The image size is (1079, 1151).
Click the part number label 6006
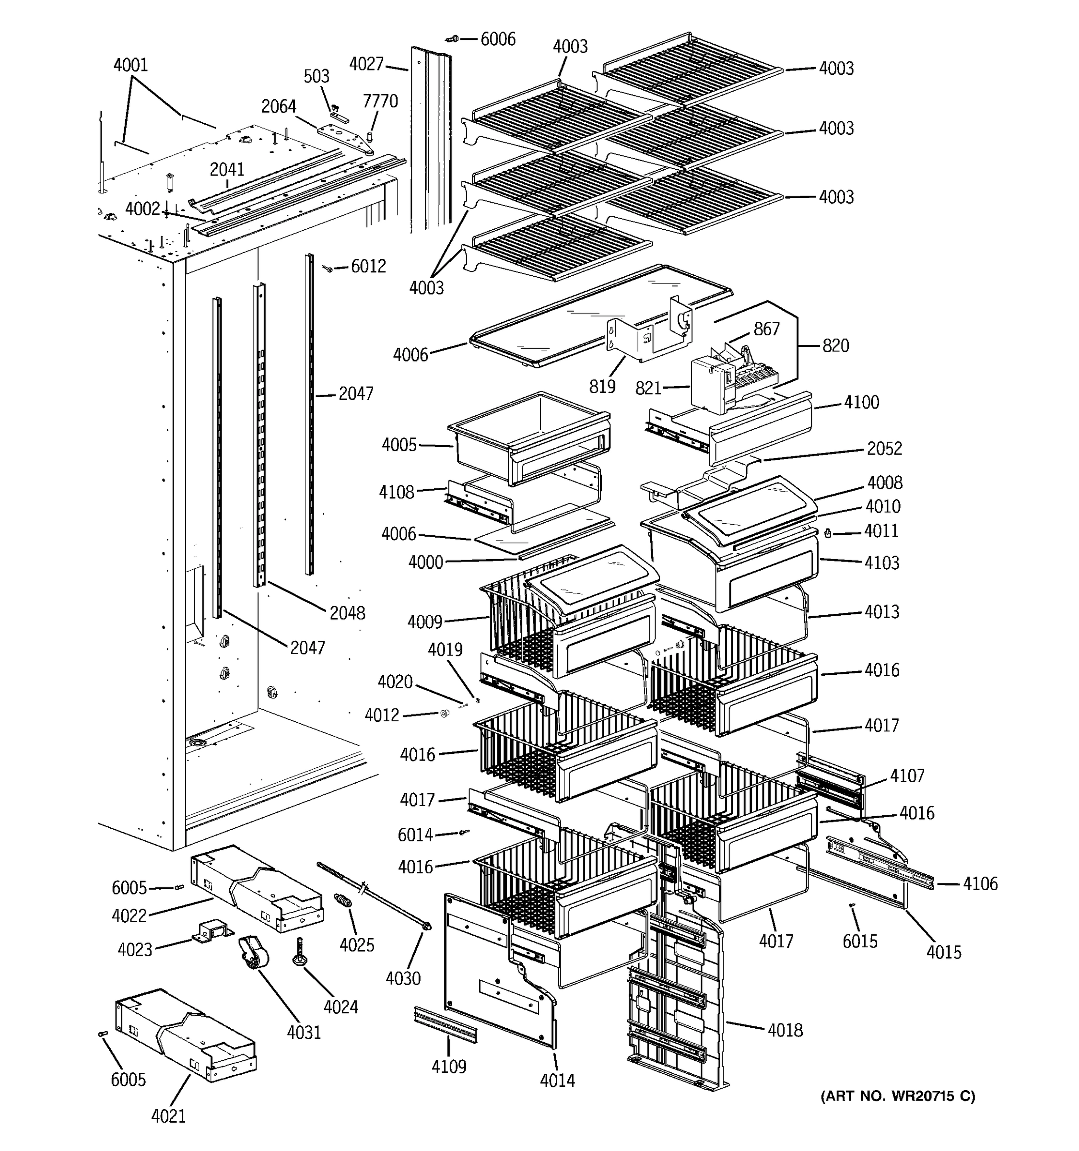click(x=498, y=39)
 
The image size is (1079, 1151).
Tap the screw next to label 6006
click(x=452, y=39)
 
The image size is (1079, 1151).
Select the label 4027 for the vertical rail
click(x=366, y=64)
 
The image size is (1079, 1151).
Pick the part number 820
click(x=835, y=346)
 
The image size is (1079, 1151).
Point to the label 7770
click(x=380, y=101)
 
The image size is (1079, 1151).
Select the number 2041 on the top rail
click(x=227, y=170)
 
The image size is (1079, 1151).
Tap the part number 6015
click(x=860, y=941)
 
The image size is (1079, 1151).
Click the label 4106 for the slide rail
click(x=980, y=883)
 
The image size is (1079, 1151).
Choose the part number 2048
click(x=347, y=613)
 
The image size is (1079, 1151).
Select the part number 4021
click(x=168, y=1116)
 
